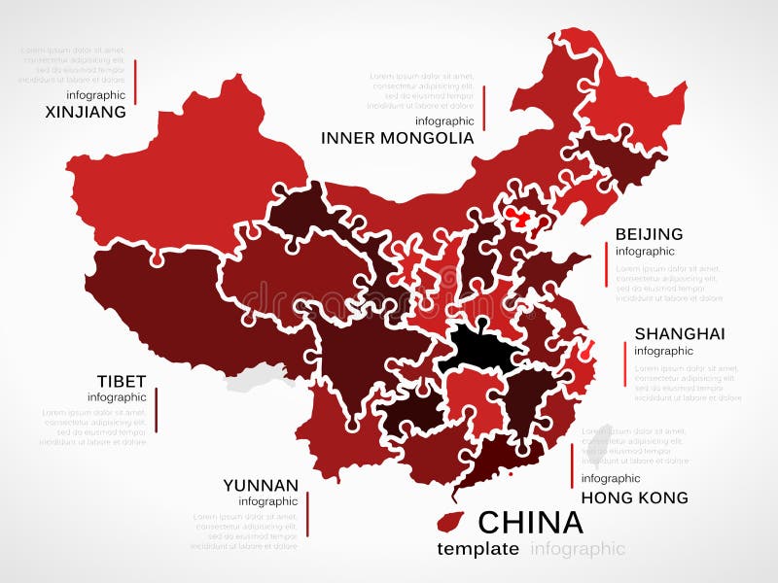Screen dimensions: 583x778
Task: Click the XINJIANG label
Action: point(86,112)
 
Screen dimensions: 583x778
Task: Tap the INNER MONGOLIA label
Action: point(398,138)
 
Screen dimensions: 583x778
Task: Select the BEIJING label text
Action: point(649,234)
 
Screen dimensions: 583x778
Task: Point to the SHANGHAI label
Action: point(680,333)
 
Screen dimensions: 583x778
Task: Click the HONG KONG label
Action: point(634,497)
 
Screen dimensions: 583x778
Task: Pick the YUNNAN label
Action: point(261,485)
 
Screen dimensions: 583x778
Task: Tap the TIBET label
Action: point(122,380)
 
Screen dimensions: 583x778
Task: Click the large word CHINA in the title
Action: point(530,523)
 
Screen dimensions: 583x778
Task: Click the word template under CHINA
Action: point(477,549)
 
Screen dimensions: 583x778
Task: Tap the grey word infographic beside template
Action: point(578,549)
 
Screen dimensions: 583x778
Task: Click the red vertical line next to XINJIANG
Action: point(135,82)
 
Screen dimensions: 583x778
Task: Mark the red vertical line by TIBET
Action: point(156,409)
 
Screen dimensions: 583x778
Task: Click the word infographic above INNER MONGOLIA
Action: point(444,121)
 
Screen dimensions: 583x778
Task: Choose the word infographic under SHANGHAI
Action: point(663,351)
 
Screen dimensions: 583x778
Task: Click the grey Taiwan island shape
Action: point(602,439)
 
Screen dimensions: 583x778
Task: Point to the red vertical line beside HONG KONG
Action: point(571,466)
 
